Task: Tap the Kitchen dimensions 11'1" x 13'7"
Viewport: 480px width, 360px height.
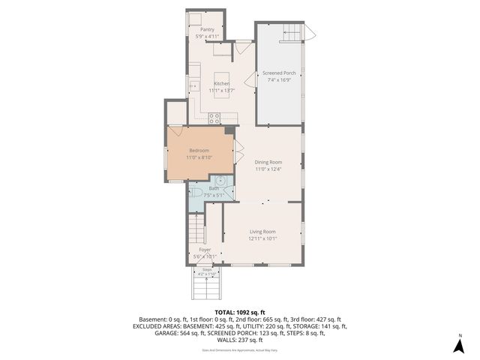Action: click(222, 90)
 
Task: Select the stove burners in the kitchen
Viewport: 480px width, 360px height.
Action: click(214, 117)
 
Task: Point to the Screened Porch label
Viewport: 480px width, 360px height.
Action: click(279, 73)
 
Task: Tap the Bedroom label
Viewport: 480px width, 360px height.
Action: click(199, 150)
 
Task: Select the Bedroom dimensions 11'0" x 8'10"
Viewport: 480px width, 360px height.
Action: click(199, 157)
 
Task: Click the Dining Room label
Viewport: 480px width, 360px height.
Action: click(268, 162)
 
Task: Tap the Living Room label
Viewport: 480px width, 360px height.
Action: click(262, 232)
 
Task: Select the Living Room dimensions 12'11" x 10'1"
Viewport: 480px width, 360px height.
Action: click(262, 239)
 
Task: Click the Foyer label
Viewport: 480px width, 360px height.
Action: click(205, 249)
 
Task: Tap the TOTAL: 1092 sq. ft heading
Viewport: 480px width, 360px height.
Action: click(240, 311)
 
